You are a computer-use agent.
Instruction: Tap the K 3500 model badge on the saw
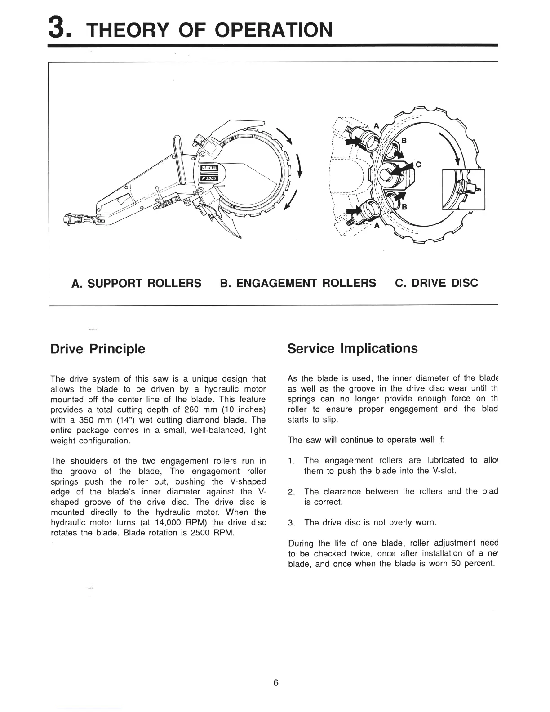[209, 178]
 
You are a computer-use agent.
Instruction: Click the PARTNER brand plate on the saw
[209, 168]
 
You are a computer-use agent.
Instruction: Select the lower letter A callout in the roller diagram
[377, 226]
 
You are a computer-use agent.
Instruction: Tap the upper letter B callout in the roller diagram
[404, 141]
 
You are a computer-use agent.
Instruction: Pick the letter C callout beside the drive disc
[418, 165]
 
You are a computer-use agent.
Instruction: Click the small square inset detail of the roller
[464, 189]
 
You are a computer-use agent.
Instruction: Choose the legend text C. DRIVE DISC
[436, 283]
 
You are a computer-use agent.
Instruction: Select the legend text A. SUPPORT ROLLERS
[137, 283]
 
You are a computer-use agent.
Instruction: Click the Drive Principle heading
[98, 349]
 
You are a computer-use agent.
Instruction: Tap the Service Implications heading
[352, 349]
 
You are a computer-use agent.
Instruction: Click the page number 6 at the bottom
[275, 683]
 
